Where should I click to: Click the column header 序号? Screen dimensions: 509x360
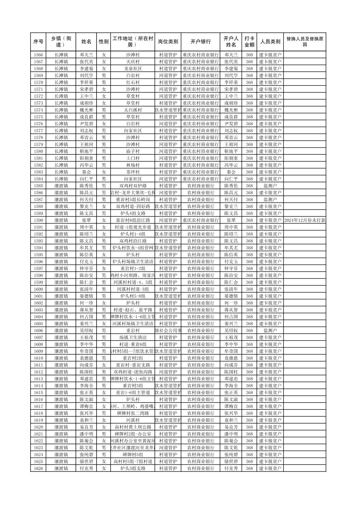click(x=38, y=42)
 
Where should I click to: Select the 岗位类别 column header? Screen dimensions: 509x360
click(x=168, y=42)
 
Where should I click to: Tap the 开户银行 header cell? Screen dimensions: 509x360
click(x=200, y=42)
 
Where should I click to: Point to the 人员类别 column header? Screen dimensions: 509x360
click(x=270, y=42)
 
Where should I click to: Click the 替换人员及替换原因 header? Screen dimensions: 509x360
click(x=304, y=42)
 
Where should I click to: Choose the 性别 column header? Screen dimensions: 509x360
click(x=104, y=42)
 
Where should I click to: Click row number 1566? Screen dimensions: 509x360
click(x=38, y=55)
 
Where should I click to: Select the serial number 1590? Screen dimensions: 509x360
click(x=38, y=220)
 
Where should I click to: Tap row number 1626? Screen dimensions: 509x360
click(x=38, y=468)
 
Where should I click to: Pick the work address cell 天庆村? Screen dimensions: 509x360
click(x=133, y=62)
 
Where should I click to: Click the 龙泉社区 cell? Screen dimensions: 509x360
click(x=133, y=69)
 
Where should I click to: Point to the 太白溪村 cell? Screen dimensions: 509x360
click(x=133, y=110)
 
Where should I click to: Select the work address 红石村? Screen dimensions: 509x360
click(x=133, y=82)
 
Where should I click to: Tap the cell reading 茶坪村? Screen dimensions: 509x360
click(x=133, y=172)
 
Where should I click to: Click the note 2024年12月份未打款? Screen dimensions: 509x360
click(x=304, y=220)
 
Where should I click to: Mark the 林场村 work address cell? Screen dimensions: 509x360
click(x=133, y=165)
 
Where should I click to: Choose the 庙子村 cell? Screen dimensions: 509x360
click(x=133, y=151)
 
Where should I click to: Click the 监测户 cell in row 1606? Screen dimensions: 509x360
click(x=270, y=331)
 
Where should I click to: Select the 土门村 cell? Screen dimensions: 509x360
click(x=133, y=158)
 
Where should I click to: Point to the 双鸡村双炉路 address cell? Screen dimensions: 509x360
click(x=133, y=186)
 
